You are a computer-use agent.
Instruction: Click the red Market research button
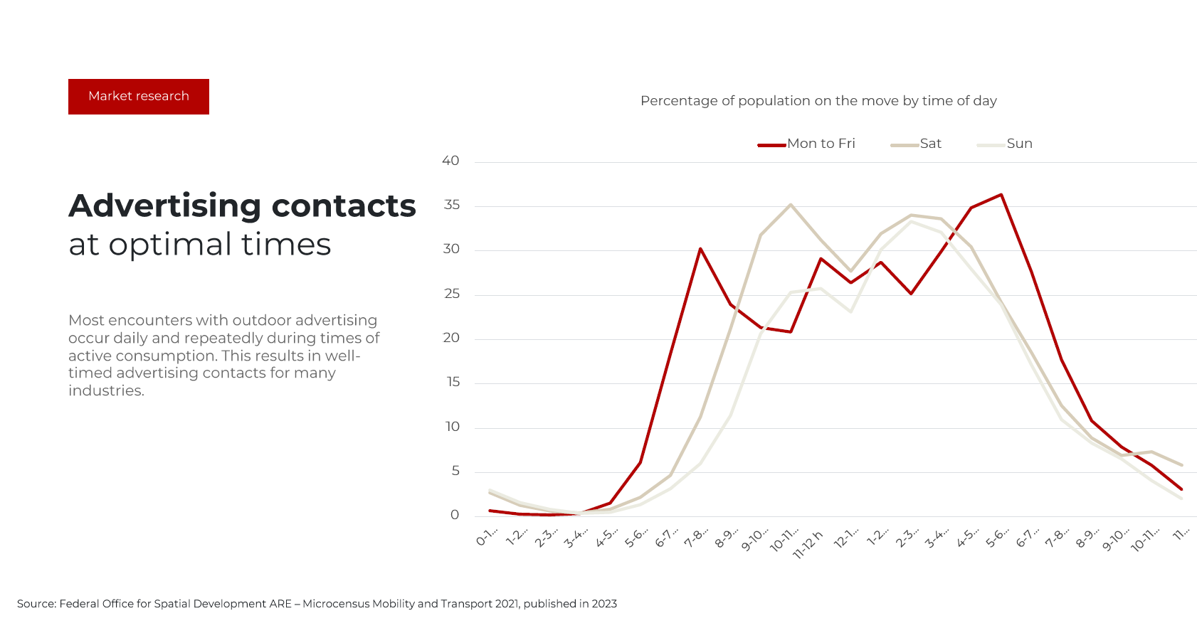139,97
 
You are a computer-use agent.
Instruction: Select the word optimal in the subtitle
170,245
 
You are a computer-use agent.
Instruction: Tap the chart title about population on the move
818,101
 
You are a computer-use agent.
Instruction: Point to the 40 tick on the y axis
450,161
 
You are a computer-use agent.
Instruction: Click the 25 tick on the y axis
451,294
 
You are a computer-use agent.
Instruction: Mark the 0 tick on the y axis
455,515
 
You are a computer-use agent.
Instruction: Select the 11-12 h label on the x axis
808,544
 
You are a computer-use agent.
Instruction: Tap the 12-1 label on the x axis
847,538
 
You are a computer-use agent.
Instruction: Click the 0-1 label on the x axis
487,538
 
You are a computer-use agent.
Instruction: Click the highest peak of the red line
1001,194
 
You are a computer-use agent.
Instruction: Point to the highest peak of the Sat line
791,205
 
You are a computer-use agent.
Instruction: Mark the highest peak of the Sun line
911,221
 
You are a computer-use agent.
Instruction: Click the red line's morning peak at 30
700,249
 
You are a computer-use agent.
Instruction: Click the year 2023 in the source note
604,604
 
